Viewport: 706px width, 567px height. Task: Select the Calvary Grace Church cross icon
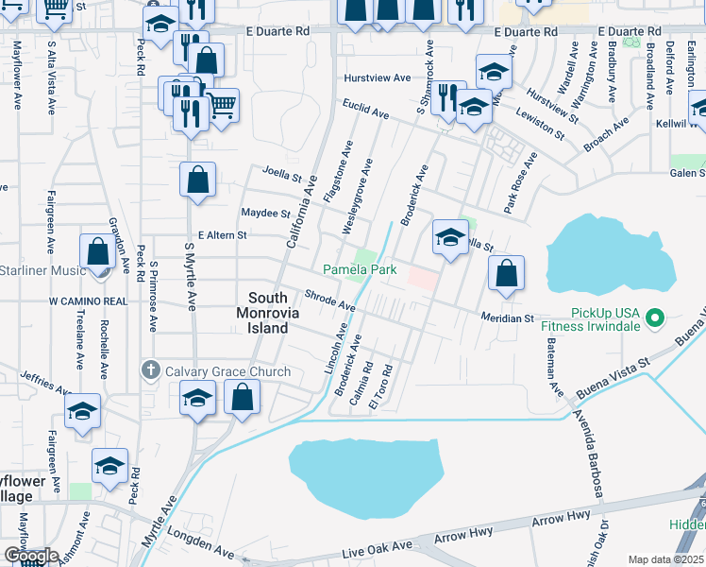click(151, 370)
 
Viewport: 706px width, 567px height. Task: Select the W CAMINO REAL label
click(89, 301)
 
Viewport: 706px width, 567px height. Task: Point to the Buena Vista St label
click(617, 366)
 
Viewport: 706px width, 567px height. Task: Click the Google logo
click(31, 556)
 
